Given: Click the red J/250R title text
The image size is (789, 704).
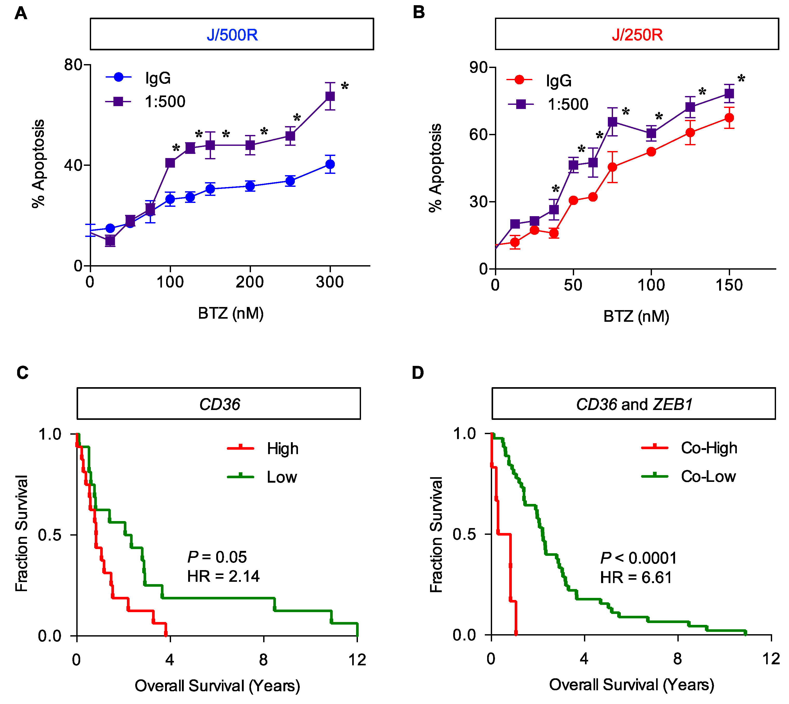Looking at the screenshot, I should tap(637, 35).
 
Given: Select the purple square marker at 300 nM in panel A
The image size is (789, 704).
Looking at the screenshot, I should tap(330, 96).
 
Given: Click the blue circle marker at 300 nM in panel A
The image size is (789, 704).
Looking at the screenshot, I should tap(330, 165).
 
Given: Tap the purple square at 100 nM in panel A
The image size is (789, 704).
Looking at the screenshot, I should tap(170, 163).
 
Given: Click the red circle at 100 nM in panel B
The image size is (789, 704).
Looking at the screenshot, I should tap(651, 152).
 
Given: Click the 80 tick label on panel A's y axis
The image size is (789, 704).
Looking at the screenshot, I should tap(73, 65).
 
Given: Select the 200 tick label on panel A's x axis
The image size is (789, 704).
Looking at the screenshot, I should tap(250, 282).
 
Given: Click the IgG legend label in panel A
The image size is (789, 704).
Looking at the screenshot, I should tap(158, 78).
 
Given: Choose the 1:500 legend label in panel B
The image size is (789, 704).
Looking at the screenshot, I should tap(568, 104).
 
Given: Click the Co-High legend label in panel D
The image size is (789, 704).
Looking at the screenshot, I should tap(709, 448).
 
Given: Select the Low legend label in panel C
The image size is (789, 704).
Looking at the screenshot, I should tap(282, 477).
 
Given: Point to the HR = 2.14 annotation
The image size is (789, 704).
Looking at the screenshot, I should tap(223, 576).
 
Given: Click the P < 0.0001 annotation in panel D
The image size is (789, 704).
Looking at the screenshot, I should tap(638, 558).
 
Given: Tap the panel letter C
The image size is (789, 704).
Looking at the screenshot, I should tap(22, 373).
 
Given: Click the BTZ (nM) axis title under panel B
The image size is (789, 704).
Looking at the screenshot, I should tap(636, 316).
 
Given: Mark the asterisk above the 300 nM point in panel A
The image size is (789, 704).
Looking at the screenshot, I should tap(344, 86).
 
